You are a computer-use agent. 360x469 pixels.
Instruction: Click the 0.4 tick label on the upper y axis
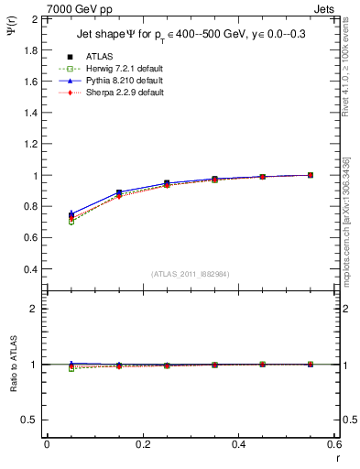coord(27,270)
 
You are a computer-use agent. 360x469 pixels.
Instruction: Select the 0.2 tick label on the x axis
coord(142,444)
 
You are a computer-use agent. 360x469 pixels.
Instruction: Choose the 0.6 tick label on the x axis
coord(333,444)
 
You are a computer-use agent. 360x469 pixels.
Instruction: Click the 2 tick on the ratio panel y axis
coord(32,309)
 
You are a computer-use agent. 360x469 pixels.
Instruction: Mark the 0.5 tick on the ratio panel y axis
coord(27,420)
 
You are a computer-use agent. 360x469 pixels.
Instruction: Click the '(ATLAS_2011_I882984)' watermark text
coord(191,273)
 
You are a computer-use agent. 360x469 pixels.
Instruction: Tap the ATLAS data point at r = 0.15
coord(119,193)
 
